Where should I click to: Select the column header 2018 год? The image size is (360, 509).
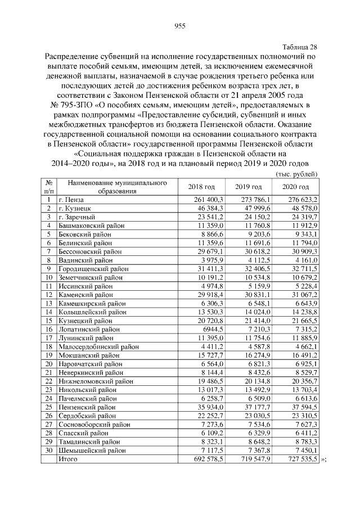pos(201,187)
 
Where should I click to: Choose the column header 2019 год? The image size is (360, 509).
pos(249,187)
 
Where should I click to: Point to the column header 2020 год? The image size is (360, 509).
pos(296,187)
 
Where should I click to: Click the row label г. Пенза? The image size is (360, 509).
pos(71,200)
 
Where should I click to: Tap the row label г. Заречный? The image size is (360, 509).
pos(77,217)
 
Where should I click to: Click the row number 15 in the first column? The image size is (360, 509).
pos(49,321)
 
